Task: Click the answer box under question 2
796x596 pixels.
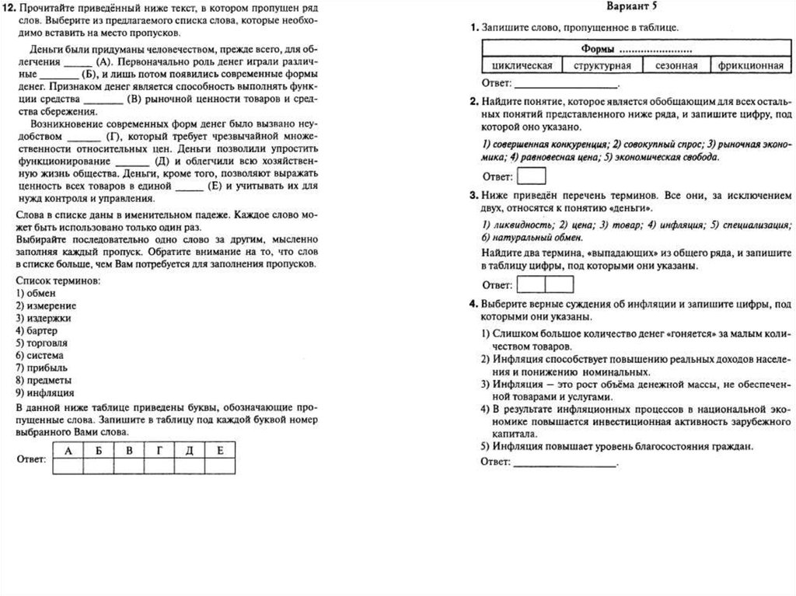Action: point(532,176)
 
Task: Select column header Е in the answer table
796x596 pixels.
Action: point(220,451)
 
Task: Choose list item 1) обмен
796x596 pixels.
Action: point(37,292)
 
